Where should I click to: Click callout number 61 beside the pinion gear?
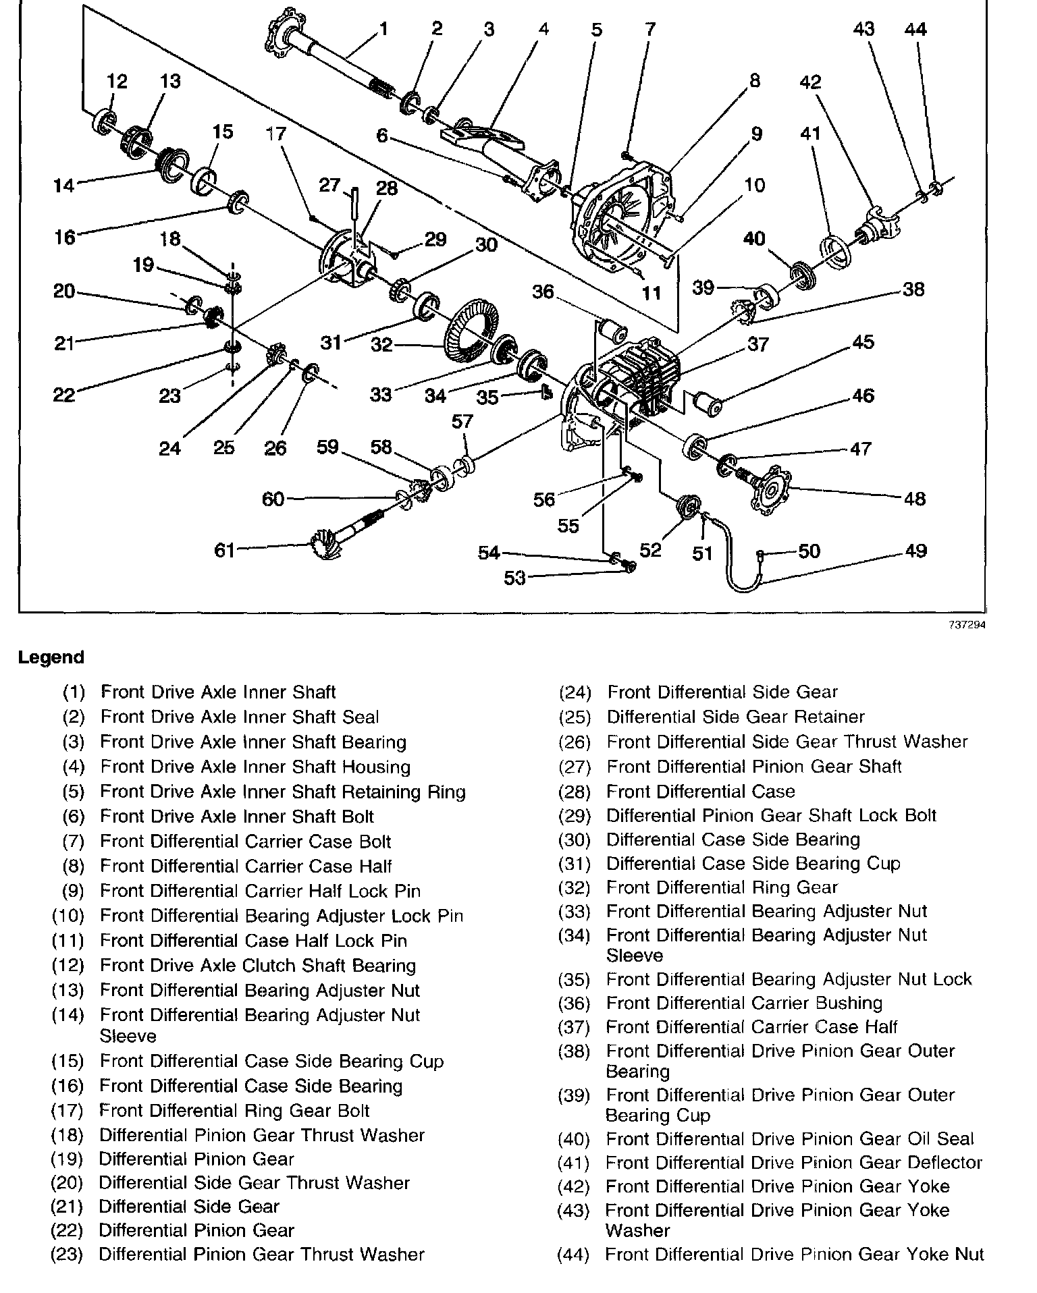point(224,551)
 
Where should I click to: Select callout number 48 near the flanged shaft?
point(915,499)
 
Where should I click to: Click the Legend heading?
point(51,657)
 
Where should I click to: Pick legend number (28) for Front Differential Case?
point(575,792)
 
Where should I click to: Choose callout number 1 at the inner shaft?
point(383,29)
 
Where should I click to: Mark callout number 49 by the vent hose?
point(915,551)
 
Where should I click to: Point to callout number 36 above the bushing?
point(543,292)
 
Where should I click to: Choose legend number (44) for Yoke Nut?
point(573,1255)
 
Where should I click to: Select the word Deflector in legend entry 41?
point(945,1163)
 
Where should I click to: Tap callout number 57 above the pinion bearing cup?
point(462,422)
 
